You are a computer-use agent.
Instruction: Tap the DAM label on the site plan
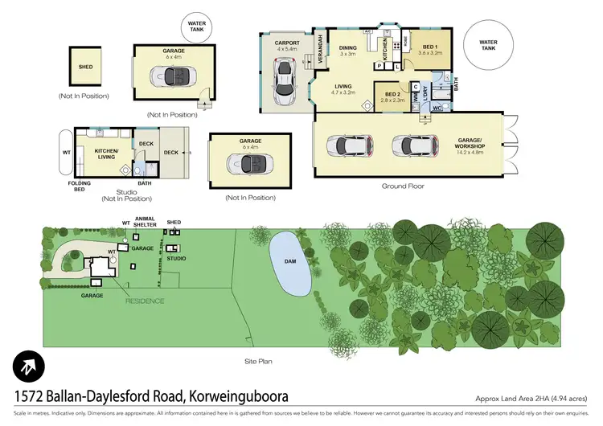click(289, 261)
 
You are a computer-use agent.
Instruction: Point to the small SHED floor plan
click(84, 67)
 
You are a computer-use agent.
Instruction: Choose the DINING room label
click(347, 51)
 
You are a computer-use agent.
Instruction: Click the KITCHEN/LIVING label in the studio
click(107, 154)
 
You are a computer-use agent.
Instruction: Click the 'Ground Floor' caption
click(401, 186)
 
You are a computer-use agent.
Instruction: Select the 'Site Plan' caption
click(259, 362)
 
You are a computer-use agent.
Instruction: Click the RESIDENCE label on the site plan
click(145, 301)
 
